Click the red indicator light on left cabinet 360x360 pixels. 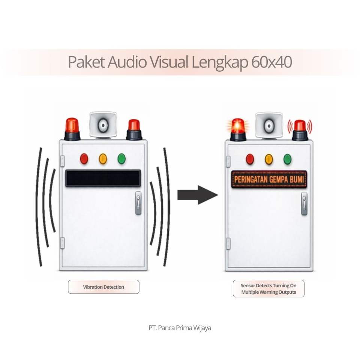click(x=84, y=159)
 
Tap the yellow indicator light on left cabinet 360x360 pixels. click(x=103, y=159)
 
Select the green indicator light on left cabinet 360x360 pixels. click(x=121, y=159)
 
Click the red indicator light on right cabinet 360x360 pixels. click(x=250, y=159)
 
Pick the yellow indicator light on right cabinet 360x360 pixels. click(x=268, y=159)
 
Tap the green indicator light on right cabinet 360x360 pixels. click(x=288, y=159)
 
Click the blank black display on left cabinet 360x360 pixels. click(x=103, y=178)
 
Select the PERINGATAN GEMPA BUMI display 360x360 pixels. click(x=269, y=179)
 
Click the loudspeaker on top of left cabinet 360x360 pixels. click(x=103, y=124)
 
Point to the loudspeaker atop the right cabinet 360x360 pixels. click(x=269, y=125)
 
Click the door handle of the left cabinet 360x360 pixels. click(x=138, y=202)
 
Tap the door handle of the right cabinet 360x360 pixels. click(x=304, y=203)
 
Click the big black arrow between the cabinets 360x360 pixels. click(x=197, y=195)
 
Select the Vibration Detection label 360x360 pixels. click(x=103, y=287)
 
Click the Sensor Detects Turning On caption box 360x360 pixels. click(x=268, y=289)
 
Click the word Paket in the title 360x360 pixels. click(x=86, y=62)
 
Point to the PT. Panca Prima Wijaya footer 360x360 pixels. click(x=180, y=327)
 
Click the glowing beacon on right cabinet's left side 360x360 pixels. click(x=238, y=129)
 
